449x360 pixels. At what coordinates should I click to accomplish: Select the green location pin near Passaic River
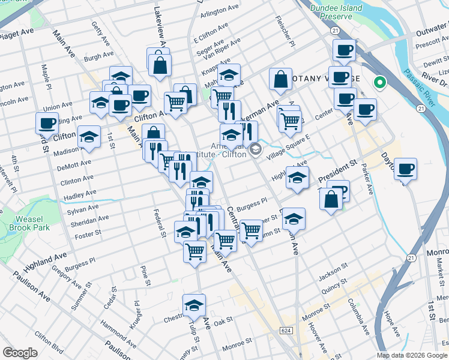[379, 83]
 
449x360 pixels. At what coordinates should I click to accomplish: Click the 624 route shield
[286, 331]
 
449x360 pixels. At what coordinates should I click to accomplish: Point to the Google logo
[20, 353]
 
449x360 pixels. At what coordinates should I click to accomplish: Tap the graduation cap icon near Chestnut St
[194, 305]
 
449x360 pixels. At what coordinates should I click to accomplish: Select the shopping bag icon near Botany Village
[280, 79]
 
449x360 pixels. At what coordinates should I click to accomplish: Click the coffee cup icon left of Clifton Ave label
[47, 123]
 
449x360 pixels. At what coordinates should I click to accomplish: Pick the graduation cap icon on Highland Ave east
[297, 177]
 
